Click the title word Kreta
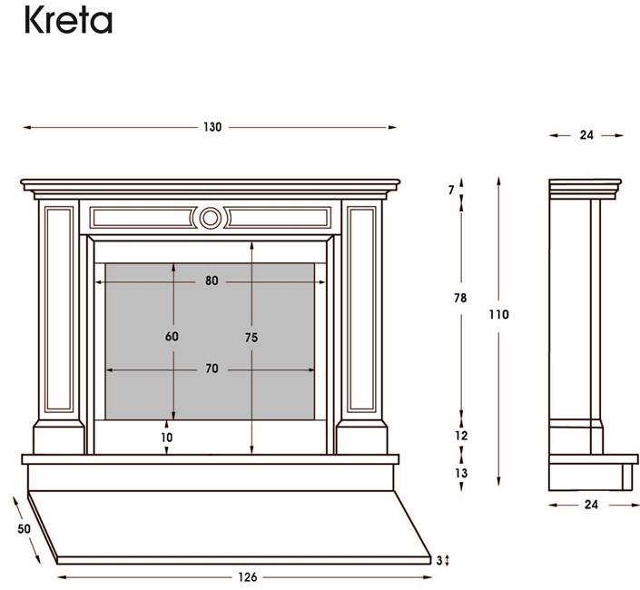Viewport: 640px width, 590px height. coord(68,20)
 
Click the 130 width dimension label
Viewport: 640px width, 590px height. coord(212,127)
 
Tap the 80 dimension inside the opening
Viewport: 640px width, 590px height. coord(212,280)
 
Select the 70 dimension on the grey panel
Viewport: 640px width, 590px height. coord(212,369)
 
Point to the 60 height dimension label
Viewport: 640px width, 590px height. coord(172,337)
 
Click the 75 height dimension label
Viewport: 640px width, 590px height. coord(251,338)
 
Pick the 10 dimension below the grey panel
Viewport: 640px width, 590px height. coord(166,438)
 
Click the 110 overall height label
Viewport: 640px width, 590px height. coord(498,315)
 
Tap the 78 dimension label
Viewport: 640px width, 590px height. coord(460,299)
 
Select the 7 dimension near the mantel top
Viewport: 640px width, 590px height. coord(451,190)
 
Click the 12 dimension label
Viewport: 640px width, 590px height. coord(461,436)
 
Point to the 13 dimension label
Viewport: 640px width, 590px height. coord(461,473)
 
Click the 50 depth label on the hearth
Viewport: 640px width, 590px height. coord(25,529)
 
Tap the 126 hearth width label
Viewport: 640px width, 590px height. coord(248,577)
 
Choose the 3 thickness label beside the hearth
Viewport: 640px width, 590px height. coord(439,561)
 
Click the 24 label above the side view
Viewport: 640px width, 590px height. coord(586,135)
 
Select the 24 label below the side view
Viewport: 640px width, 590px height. coord(591,506)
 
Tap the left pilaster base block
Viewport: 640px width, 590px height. coord(59,437)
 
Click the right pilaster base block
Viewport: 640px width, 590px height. coord(361,437)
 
